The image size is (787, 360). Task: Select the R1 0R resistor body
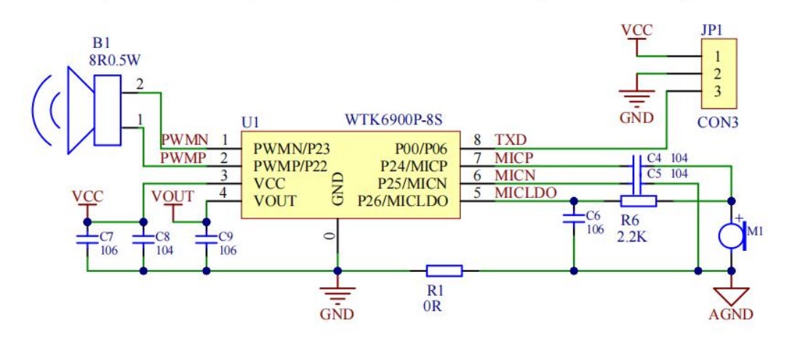(x=444, y=271)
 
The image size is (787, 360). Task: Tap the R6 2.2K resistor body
(x=639, y=201)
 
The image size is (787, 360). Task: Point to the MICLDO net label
(x=525, y=193)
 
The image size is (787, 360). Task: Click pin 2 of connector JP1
(x=717, y=73)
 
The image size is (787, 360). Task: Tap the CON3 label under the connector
(x=718, y=123)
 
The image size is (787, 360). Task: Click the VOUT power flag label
(x=173, y=197)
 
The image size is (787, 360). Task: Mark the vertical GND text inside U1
(x=337, y=189)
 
